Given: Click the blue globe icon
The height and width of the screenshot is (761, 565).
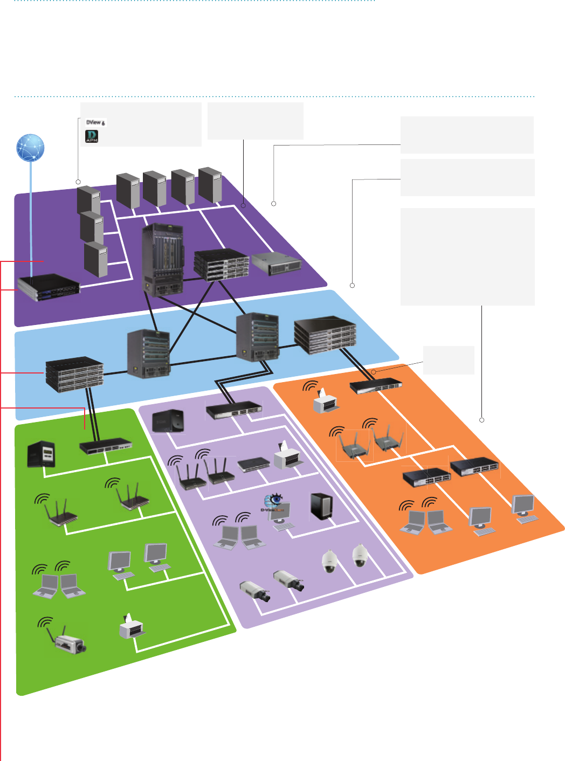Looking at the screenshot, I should click(x=30, y=148).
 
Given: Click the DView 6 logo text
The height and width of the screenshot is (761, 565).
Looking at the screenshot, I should click(x=95, y=122).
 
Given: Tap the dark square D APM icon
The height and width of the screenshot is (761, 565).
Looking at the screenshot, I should click(x=92, y=136).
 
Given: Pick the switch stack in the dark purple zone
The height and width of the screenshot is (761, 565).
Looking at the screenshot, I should click(x=221, y=264).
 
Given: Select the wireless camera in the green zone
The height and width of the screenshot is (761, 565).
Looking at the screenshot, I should click(x=69, y=641).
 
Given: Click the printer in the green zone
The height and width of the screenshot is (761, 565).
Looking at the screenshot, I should click(x=131, y=627).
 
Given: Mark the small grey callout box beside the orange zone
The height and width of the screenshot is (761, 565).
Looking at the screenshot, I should click(x=449, y=360).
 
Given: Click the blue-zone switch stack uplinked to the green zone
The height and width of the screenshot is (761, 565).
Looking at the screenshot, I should click(x=74, y=373).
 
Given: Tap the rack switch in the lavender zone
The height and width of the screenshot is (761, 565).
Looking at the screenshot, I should click(x=234, y=411).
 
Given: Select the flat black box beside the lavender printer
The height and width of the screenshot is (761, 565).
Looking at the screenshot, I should click(x=253, y=464).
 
